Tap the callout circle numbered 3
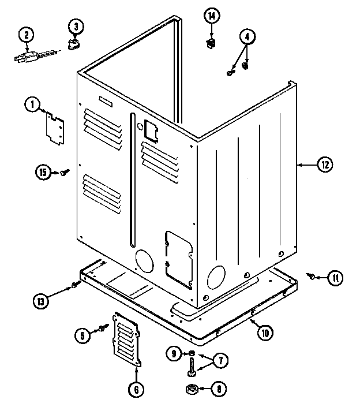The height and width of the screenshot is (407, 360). pos(76,25)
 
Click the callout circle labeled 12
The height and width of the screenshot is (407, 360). pos(324,165)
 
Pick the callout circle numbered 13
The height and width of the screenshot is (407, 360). pos(41,300)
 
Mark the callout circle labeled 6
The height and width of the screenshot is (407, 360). pos(136,390)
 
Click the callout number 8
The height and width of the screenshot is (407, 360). pos(219,389)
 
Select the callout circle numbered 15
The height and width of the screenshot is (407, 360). pos(42,171)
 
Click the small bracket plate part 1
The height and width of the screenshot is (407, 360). pos(55,126)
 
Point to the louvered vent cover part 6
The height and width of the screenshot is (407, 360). pos(126,339)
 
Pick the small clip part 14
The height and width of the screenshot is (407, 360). pos(212,41)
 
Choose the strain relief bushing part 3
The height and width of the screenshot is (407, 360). pos(74,44)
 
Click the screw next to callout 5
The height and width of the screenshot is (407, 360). pos(104,328)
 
